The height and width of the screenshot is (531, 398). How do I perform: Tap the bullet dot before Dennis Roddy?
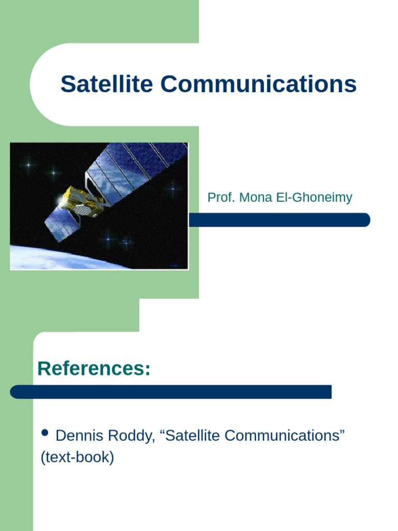(x=45, y=433)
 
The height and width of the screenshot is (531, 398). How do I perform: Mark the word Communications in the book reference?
(x=283, y=436)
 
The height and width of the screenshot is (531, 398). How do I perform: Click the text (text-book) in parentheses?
(x=77, y=458)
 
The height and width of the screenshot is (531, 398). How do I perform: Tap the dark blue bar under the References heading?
(x=171, y=392)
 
